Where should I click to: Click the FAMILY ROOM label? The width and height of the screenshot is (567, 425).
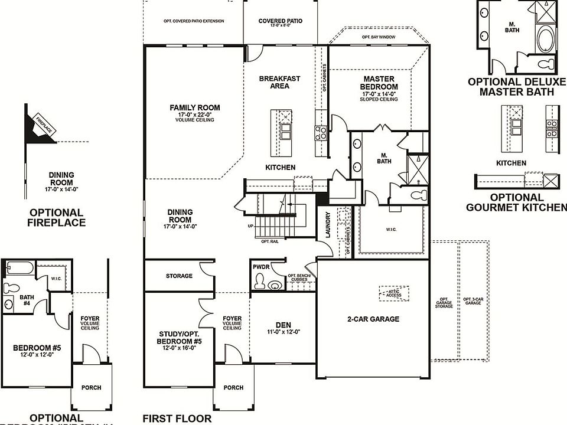point(195,107)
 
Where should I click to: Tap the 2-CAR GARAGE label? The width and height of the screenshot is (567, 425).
point(373,319)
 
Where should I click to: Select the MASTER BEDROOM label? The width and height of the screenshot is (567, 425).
point(379,83)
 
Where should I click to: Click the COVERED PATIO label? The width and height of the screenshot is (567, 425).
point(281,21)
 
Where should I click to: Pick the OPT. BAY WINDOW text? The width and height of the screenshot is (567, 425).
point(379,37)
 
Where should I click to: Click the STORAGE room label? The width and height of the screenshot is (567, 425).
point(179,276)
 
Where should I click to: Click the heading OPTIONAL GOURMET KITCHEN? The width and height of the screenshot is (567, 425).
point(516,202)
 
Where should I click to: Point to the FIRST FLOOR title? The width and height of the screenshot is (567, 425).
point(177,419)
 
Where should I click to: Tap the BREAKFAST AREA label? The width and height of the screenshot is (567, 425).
point(280,82)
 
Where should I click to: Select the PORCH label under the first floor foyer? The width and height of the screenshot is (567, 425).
point(234,388)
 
